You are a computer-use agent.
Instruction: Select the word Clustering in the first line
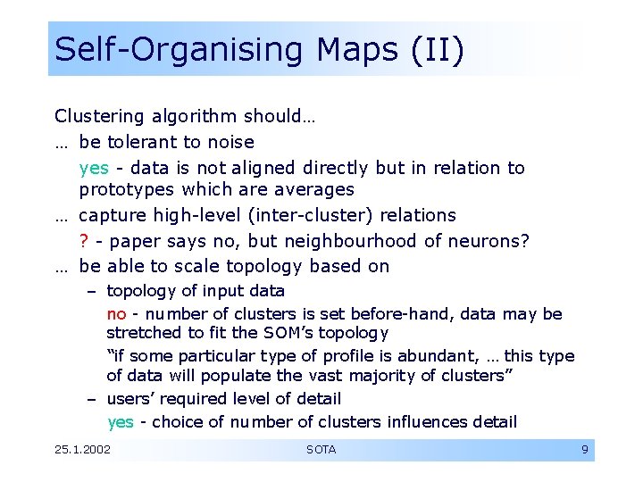pyautogui.click(x=99, y=116)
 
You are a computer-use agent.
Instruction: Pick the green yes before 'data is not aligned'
pyautogui.click(x=94, y=168)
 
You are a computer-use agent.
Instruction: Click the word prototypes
pyautogui.click(x=127, y=190)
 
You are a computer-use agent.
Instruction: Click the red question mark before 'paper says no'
pyautogui.click(x=84, y=241)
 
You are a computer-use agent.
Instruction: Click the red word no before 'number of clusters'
pyautogui.click(x=116, y=314)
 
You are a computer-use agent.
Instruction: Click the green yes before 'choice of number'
pyautogui.click(x=121, y=422)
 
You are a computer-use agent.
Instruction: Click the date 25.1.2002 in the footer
pyautogui.click(x=83, y=450)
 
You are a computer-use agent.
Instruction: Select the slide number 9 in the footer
pyautogui.click(x=584, y=450)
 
